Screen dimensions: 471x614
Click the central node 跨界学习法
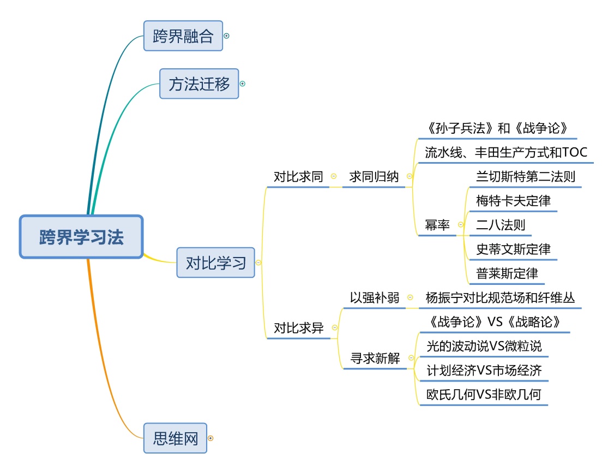(81, 237)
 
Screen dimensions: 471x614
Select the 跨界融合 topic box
(183, 35)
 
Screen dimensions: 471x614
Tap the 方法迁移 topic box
(199, 84)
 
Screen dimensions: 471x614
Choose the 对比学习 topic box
(215, 263)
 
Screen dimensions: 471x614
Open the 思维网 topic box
(175, 438)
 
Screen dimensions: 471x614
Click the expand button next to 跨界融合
(227, 35)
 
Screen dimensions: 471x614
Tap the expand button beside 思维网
(211, 438)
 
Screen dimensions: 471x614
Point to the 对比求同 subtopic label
(298, 177)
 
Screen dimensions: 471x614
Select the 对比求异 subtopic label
(298, 328)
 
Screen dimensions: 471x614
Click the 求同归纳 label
(374, 177)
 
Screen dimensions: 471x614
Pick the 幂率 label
(437, 225)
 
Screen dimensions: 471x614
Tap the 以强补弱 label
(375, 298)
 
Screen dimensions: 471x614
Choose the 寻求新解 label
(375, 358)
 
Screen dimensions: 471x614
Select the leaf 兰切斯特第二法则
(525, 177)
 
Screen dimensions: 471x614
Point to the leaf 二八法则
(500, 225)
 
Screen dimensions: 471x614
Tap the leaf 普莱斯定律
(507, 273)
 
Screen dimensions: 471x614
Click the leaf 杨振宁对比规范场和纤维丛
(500, 298)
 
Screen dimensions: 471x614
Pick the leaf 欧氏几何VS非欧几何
(484, 394)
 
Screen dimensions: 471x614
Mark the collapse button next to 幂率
(461, 224)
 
